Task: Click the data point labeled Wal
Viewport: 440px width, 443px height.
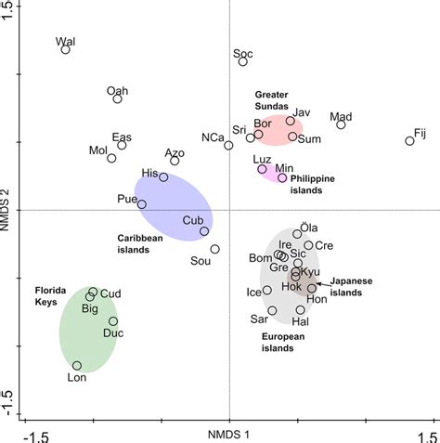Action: click(66, 49)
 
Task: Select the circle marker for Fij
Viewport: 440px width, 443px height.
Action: click(409, 141)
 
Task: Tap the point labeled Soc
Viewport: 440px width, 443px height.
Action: click(243, 61)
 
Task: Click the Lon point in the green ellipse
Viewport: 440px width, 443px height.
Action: click(77, 366)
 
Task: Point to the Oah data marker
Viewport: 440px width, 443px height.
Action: click(118, 98)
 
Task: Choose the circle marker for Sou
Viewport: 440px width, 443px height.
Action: click(214, 249)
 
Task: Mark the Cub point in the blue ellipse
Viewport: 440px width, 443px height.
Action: click(204, 231)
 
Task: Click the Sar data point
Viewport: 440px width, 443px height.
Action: click(272, 310)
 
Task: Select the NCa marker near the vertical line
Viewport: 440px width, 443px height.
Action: click(229, 145)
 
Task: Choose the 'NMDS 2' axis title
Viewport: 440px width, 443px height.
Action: click(7, 209)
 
